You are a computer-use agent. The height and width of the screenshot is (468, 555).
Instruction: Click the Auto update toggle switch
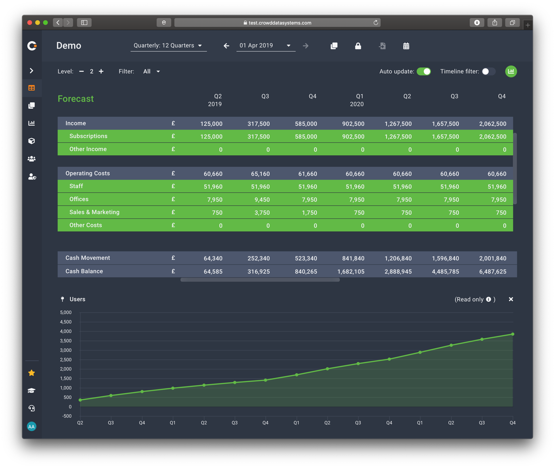pos(424,71)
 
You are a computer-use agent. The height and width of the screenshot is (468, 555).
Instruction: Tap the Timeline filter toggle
pos(488,71)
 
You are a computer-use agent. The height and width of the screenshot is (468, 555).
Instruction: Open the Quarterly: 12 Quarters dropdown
pos(168,46)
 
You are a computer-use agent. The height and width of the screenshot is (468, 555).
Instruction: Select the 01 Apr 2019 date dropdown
pos(265,46)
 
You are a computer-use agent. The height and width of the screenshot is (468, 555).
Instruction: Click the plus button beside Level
pos(101,71)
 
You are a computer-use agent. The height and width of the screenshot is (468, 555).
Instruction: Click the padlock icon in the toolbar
pos(358,46)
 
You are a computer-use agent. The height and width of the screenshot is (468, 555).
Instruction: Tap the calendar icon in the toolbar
pos(406,46)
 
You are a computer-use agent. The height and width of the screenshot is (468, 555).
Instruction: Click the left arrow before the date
pos(226,46)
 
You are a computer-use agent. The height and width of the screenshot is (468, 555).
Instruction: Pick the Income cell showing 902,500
pos(353,124)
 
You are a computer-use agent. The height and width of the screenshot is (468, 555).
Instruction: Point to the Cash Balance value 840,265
pos(306,271)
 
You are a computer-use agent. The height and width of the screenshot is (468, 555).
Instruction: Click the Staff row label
pos(76,186)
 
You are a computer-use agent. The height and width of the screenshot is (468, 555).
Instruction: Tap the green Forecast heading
pos(76,99)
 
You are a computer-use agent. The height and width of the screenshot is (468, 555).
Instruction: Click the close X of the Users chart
pos(511,299)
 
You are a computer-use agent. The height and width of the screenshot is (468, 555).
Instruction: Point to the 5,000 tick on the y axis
pos(66,313)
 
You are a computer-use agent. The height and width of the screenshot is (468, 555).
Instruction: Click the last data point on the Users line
pos(513,334)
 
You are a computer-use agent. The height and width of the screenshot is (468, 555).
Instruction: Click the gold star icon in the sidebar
pos(32,373)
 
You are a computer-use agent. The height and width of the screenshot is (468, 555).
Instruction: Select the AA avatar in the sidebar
pos(32,426)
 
